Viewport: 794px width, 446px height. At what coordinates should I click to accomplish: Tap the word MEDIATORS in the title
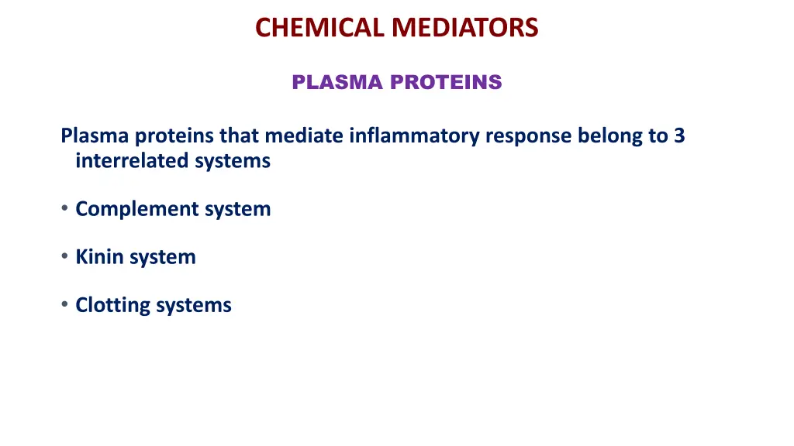[464, 28]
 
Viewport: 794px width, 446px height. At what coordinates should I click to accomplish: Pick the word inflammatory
[415, 137]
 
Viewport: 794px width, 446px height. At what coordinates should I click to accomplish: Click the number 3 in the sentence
[679, 136]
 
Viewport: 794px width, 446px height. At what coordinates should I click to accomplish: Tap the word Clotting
[112, 306]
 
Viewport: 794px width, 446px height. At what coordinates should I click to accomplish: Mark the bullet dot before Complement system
[65, 209]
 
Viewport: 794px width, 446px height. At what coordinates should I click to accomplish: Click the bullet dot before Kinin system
[65, 257]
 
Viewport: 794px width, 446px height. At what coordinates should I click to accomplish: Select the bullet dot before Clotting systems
[65, 305]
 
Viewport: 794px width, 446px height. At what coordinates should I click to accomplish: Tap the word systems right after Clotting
[194, 306]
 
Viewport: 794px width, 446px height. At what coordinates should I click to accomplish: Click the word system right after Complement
[237, 210]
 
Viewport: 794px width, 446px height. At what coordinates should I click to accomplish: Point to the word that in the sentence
[240, 136]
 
